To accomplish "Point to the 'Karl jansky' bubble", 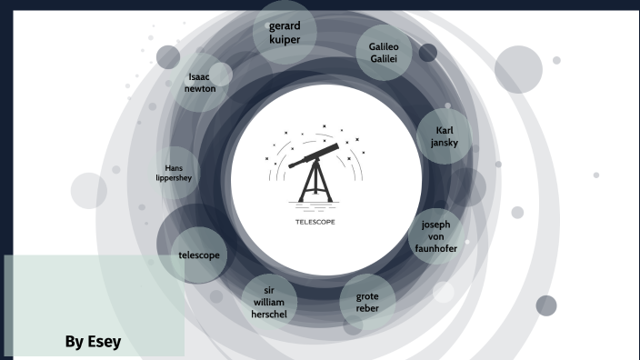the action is [x=444, y=136].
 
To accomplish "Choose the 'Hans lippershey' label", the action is [x=175, y=173].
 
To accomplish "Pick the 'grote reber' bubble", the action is [x=367, y=302].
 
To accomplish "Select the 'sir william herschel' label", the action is [x=269, y=302].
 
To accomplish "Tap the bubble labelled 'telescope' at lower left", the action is [x=198, y=255].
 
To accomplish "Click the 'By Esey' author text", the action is [x=93, y=342].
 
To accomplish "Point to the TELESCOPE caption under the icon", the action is [x=315, y=221].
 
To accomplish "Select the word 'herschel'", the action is [x=269, y=315].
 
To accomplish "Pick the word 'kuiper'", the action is [x=285, y=41].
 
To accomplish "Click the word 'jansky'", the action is [x=444, y=144].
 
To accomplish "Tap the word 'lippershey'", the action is [x=175, y=178].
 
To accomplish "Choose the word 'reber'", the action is [x=367, y=308].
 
